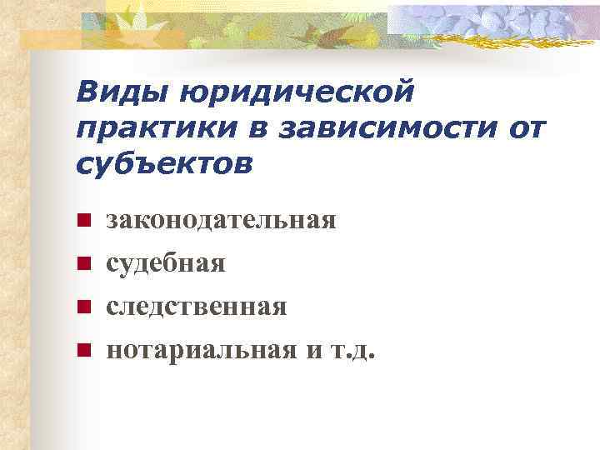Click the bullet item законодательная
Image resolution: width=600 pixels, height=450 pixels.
pyautogui.click(x=221, y=221)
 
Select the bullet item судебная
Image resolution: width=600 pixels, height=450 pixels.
pyautogui.click(x=166, y=264)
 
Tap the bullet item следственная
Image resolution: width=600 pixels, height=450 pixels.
pyautogui.click(x=196, y=307)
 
